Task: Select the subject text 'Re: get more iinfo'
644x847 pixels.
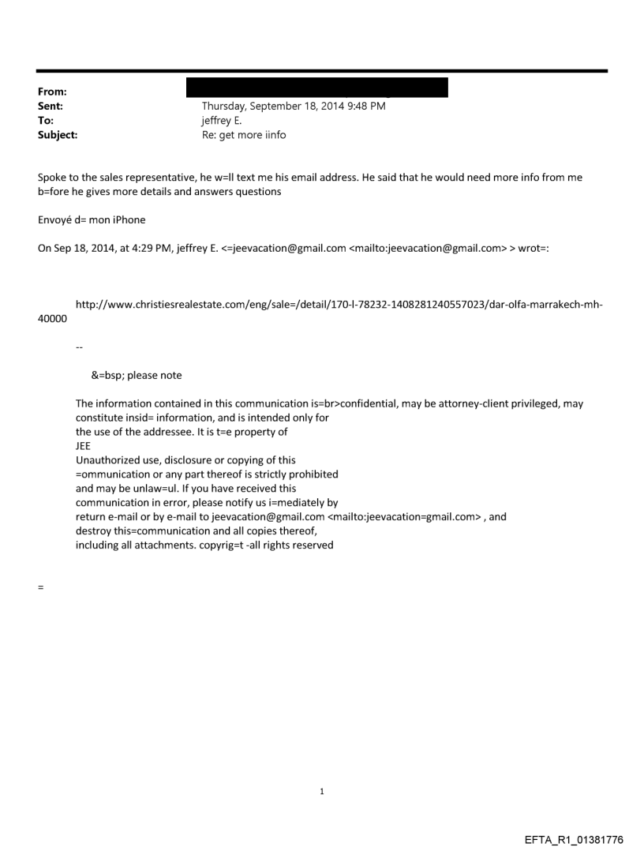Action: (244, 135)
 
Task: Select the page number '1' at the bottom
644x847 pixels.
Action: (322, 791)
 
